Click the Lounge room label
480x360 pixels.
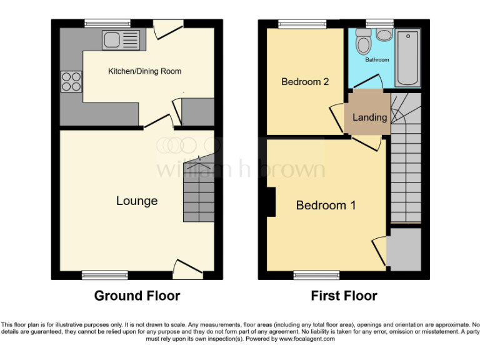(136, 201)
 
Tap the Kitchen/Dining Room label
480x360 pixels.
(144, 71)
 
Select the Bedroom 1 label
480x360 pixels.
(326, 206)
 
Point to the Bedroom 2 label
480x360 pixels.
(304, 82)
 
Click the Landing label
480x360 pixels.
(369, 117)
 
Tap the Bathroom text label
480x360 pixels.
(377, 60)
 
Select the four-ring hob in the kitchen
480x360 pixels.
(71, 82)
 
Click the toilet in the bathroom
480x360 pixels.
(362, 43)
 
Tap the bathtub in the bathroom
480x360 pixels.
(408, 56)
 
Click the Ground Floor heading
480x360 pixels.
(137, 296)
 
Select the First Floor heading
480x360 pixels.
(344, 296)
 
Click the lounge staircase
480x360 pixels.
(199, 191)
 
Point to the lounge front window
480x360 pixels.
(104, 274)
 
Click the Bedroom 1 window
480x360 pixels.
(316, 274)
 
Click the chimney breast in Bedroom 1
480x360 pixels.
(271, 202)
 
